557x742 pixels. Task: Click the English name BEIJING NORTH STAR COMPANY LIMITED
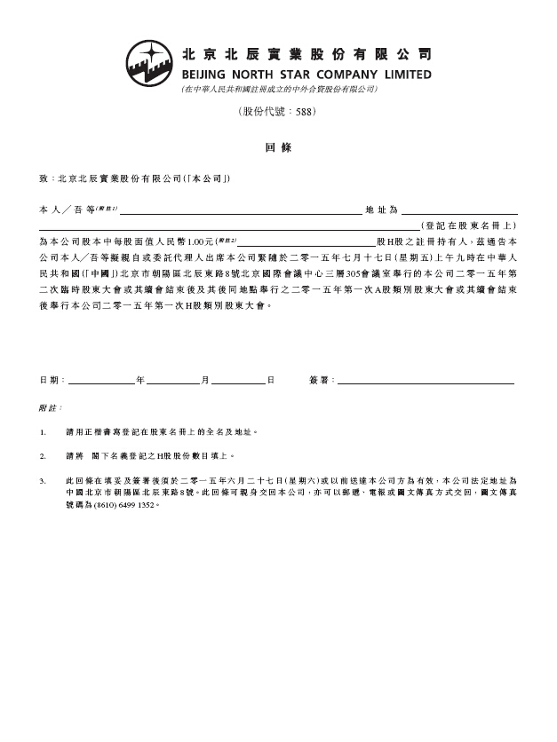(x=306, y=75)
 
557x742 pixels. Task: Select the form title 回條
(x=278, y=147)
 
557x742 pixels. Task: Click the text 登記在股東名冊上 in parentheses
(x=468, y=226)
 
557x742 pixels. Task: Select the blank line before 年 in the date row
(x=101, y=382)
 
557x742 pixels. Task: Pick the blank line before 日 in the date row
(x=238, y=382)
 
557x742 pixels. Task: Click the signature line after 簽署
(x=426, y=382)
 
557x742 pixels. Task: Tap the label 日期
(x=52, y=380)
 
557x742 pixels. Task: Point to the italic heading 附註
(x=50, y=407)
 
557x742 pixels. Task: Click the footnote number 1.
(x=43, y=432)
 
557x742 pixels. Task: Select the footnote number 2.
(x=43, y=456)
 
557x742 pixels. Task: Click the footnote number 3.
(x=43, y=480)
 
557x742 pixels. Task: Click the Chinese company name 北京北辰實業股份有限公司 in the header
(x=306, y=52)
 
